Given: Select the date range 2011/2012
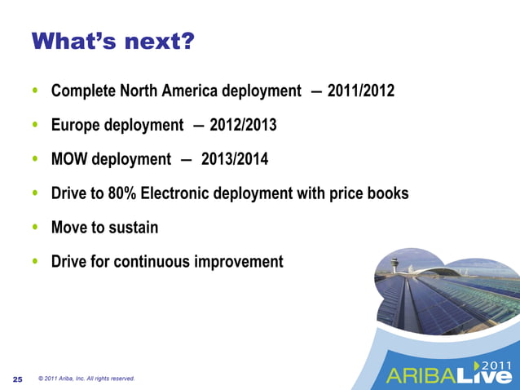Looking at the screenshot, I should [x=360, y=91].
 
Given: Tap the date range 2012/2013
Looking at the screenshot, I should [x=243, y=126].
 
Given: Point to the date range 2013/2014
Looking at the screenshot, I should [x=235, y=159].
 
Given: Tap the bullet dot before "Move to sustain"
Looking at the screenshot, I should [x=34, y=228].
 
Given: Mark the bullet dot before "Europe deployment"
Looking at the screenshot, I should [x=34, y=126].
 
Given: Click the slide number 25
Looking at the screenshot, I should [x=18, y=379].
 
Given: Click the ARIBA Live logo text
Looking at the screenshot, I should [x=449, y=375].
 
